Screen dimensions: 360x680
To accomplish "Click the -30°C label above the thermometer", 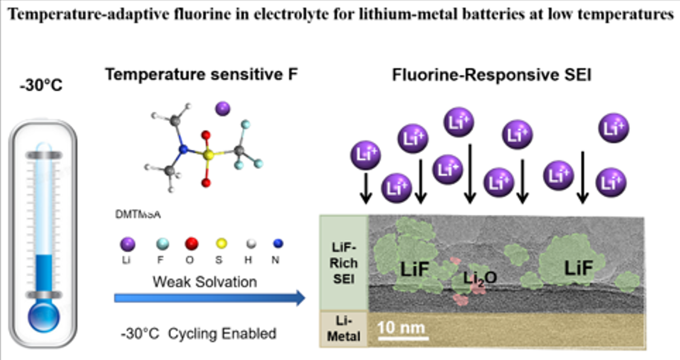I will tap(41, 85).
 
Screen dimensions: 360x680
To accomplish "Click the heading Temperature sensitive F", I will tap(201, 75).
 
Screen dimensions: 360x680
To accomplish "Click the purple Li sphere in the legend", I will tap(127, 245).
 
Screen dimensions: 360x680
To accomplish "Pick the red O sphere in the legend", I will tap(191, 244).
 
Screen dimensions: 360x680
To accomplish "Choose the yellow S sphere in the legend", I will tap(221, 244).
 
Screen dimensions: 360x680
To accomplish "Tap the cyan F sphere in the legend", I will tap(161, 245).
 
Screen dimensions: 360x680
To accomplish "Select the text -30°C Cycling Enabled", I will tap(198, 334).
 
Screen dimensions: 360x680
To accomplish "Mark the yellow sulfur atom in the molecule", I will tap(208, 156).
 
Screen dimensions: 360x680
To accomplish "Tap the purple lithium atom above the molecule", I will tap(223, 108).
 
